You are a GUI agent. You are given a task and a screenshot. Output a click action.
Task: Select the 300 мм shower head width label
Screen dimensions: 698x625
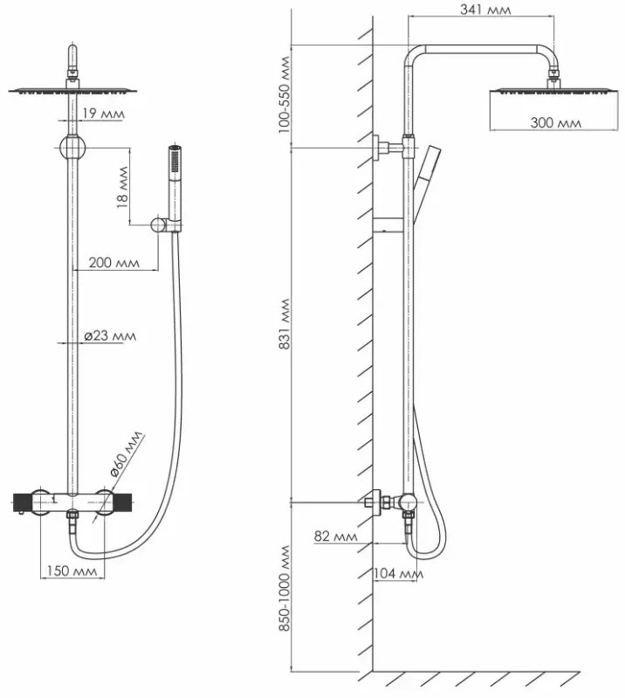555,123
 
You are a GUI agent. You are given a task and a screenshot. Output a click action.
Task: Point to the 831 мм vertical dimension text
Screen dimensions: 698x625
284,325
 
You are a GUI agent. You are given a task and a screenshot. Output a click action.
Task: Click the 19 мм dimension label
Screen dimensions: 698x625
102,114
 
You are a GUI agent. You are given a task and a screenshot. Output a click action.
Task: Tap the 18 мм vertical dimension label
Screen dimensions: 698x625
122,187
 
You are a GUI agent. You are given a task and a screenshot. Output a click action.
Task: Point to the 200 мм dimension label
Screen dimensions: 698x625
114,262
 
